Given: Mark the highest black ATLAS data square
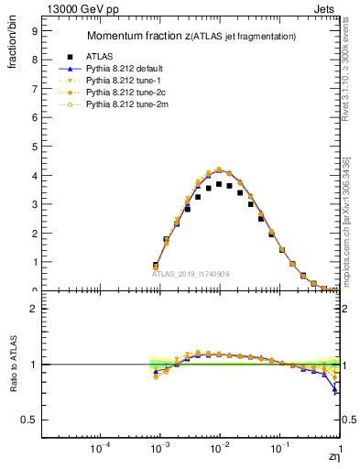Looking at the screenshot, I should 219,184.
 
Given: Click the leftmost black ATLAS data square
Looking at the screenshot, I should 156,266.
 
